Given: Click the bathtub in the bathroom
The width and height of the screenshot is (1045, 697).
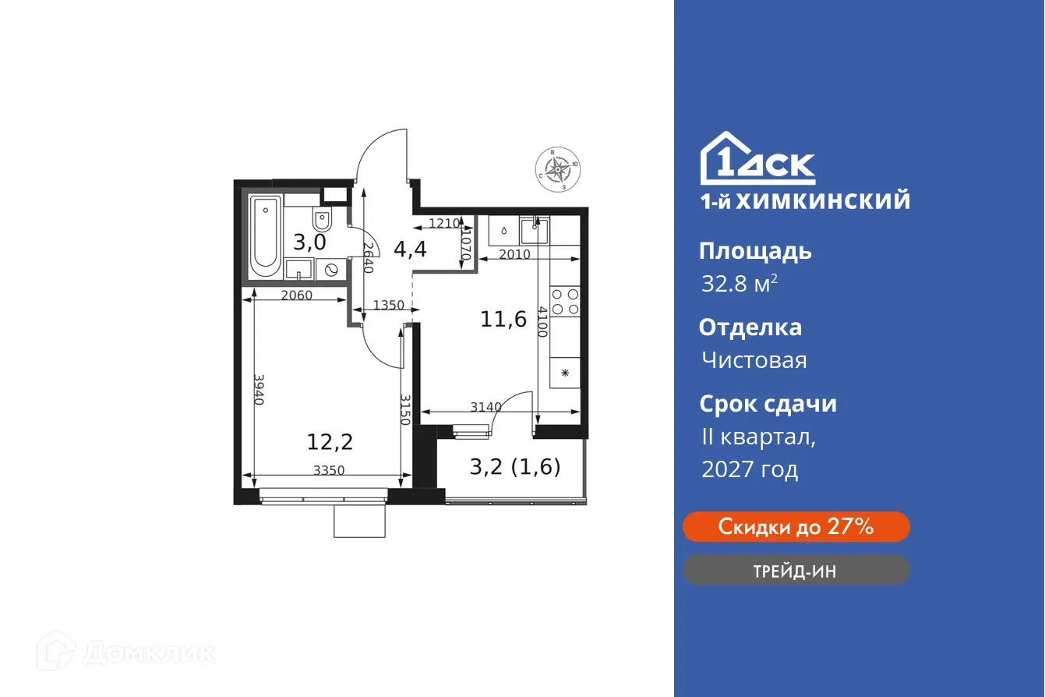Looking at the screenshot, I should click(x=265, y=234).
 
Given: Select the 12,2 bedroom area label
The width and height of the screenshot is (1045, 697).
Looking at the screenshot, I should click(x=330, y=443).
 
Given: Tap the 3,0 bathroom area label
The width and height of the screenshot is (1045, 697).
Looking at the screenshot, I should click(x=309, y=241).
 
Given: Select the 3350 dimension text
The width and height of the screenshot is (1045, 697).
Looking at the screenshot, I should click(x=329, y=470).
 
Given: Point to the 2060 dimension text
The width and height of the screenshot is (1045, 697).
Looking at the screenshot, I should click(x=296, y=295).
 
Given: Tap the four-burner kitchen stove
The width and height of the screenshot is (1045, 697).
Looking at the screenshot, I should click(x=565, y=301).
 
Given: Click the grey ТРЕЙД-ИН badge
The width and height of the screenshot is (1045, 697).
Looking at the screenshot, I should click(x=796, y=570).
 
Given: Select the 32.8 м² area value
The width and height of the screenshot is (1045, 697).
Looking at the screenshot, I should click(x=739, y=284).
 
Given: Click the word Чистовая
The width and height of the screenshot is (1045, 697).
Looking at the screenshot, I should click(x=754, y=360).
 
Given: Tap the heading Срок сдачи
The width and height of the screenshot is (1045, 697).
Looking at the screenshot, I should click(x=768, y=404).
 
